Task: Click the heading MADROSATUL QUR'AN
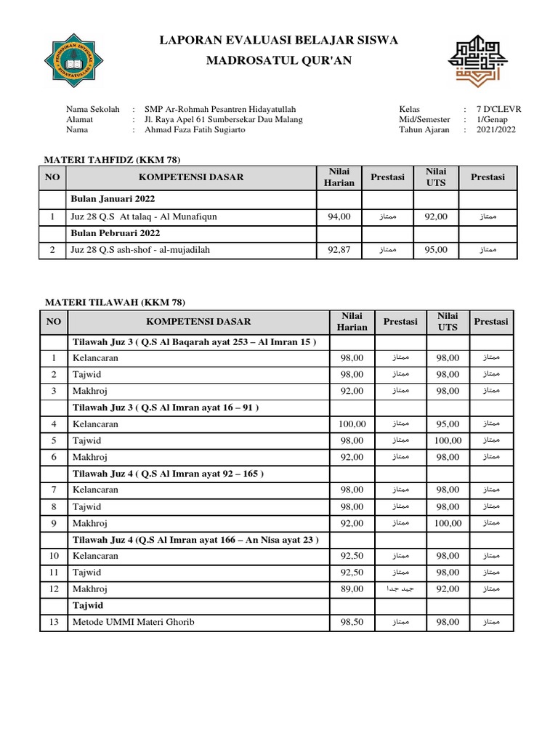click(x=279, y=60)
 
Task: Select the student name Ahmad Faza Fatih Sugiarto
click(x=195, y=129)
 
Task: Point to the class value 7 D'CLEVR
click(x=498, y=109)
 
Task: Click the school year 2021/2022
click(x=497, y=129)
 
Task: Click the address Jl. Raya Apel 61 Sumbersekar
click(x=224, y=119)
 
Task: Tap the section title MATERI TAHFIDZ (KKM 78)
click(x=113, y=159)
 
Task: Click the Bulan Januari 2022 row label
click(x=113, y=198)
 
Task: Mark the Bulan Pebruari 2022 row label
click(x=115, y=232)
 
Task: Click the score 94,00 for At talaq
click(x=339, y=216)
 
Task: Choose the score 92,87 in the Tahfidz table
click(x=339, y=250)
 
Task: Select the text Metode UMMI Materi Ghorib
click(x=132, y=622)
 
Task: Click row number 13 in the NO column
click(x=53, y=622)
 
